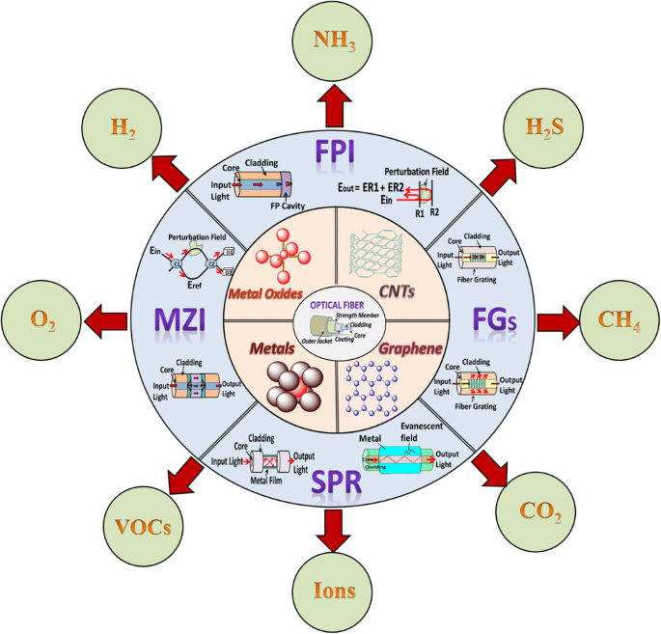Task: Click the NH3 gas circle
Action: (x=329, y=41)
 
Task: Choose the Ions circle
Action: (x=329, y=590)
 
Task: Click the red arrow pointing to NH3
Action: (x=331, y=103)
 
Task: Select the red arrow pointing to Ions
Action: (x=331, y=527)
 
